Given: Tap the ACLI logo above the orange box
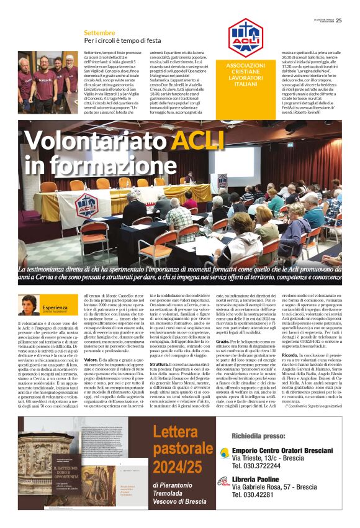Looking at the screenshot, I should tap(245, 39).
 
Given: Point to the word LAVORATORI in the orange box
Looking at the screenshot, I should tap(245, 78).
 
